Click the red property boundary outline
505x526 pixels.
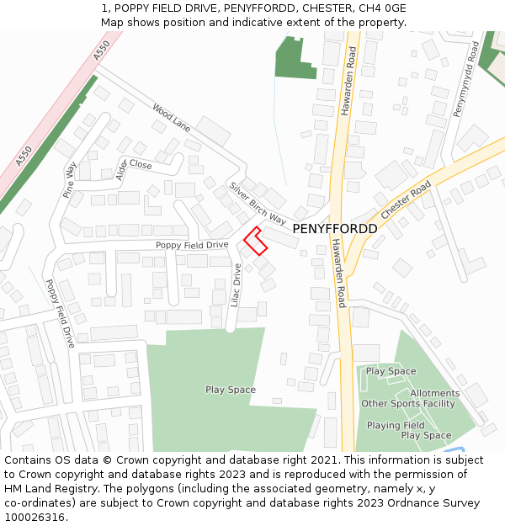tap(255, 241)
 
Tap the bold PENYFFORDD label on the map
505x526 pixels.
tap(334, 229)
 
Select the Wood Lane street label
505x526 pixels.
tap(171, 117)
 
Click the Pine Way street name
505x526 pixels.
tap(70, 180)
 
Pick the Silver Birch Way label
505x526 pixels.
tap(258, 202)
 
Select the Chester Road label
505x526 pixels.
tap(406, 200)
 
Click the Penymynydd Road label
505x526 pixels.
tap(465, 81)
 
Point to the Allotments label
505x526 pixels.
tap(434, 393)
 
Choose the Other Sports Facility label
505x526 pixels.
tap(407, 404)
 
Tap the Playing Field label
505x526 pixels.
tap(396, 425)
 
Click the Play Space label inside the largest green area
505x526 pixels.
tap(231, 390)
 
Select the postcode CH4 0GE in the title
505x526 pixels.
tap(384, 8)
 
